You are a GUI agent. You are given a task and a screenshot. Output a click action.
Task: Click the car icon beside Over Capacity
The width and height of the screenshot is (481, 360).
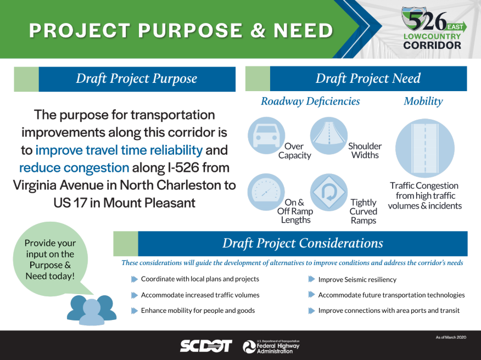coord(266,135)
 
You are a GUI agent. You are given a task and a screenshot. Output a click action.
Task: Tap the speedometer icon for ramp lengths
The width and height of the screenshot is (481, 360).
coord(266,192)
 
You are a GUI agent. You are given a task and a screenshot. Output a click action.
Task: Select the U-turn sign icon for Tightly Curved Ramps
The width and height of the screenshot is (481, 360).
coord(328,192)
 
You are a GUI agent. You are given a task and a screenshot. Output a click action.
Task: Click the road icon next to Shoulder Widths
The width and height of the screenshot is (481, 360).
coord(328,135)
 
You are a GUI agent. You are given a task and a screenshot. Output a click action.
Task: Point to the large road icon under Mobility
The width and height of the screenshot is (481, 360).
coord(425,148)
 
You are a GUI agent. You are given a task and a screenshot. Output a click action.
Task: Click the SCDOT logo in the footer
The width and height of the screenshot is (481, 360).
coord(206,346)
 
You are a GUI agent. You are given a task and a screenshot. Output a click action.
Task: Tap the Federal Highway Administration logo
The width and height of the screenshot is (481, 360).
coord(271,347)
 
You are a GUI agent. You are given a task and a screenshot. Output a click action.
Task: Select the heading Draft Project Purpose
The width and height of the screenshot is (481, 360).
coord(137,78)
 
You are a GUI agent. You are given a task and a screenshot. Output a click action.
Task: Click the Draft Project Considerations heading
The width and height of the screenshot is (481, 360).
coord(303,243)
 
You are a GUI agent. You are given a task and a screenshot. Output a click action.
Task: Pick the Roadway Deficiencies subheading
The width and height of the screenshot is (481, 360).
coord(310,101)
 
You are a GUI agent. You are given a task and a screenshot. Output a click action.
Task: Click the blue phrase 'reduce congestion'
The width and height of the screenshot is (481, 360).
coord(74,168)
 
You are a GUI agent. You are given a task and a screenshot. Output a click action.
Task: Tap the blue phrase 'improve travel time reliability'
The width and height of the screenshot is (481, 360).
coord(119,150)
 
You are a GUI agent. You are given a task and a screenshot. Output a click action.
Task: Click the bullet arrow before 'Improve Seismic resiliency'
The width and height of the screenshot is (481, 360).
coord(312,279)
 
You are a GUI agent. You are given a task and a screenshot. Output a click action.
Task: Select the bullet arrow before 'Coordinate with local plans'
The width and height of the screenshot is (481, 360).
coord(135,279)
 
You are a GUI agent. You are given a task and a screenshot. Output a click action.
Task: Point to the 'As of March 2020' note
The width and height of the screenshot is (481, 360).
coord(451,337)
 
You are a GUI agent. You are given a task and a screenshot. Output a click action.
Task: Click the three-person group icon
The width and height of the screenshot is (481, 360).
coord(92,310)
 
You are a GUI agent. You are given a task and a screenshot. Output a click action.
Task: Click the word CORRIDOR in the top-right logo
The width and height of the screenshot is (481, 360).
coord(432,46)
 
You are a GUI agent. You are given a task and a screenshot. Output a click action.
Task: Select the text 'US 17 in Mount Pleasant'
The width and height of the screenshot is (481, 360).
coord(124,203)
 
